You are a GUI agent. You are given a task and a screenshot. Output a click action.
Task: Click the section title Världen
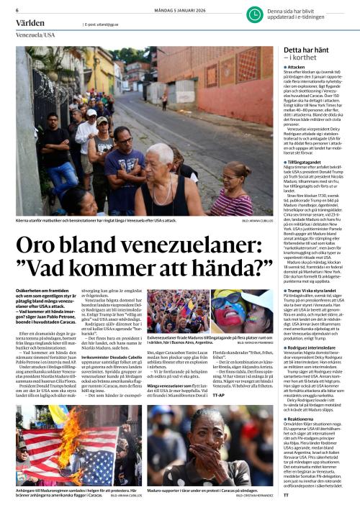tap(30, 23)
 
